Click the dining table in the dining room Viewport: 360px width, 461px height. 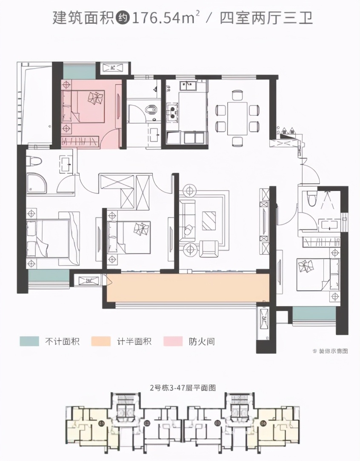[x=237, y=118]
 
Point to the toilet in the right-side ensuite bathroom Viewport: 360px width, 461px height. [x=311, y=197]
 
